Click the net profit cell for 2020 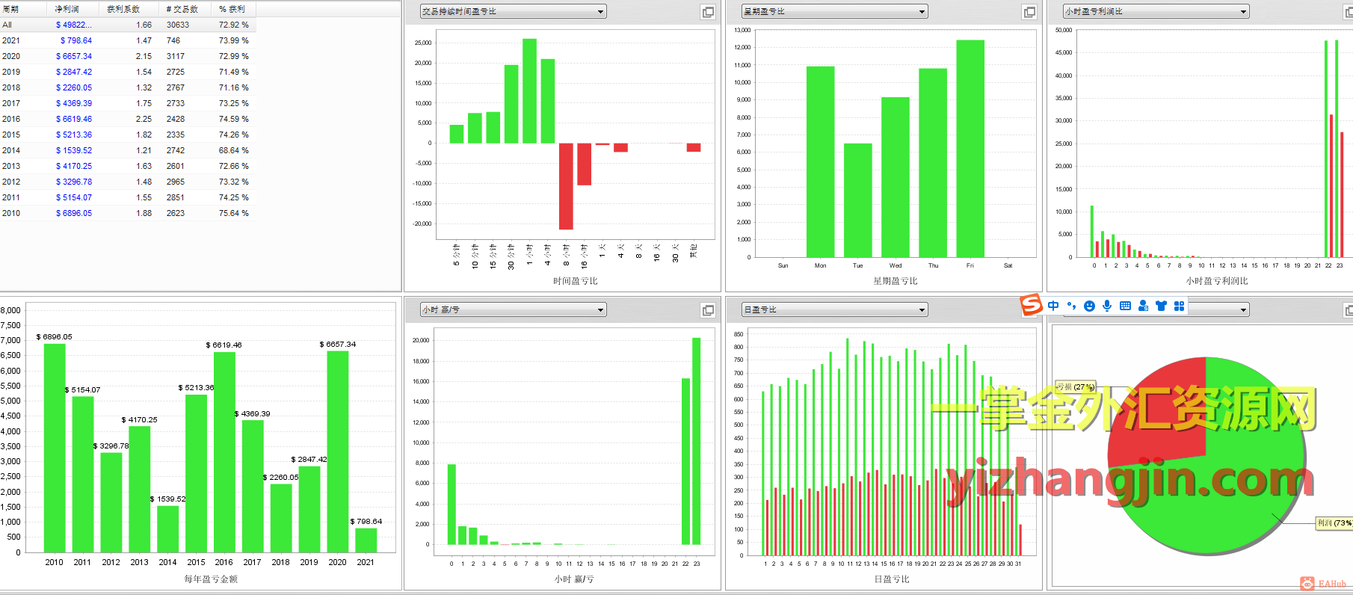pyautogui.click(x=74, y=56)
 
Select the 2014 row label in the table pyautogui.click(x=11, y=150)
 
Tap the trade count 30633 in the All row pyautogui.click(x=178, y=25)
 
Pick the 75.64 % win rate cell pyautogui.click(x=233, y=213)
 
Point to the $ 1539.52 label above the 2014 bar pyautogui.click(x=168, y=499)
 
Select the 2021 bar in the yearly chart pyautogui.click(x=366, y=540)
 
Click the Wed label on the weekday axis pyautogui.click(x=896, y=265)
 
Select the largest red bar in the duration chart pyautogui.click(x=566, y=186)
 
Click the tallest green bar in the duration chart pyautogui.click(x=529, y=90)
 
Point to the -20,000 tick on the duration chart pyautogui.click(x=423, y=223)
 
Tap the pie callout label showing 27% pyautogui.click(x=1075, y=386)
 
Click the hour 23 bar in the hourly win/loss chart pyautogui.click(x=697, y=441)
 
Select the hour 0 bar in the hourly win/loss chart pyautogui.click(x=451, y=504)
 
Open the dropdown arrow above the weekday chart pyautogui.click(x=922, y=11)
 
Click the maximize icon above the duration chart pyautogui.click(x=708, y=12)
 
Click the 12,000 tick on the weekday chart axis pyautogui.click(x=742, y=47)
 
